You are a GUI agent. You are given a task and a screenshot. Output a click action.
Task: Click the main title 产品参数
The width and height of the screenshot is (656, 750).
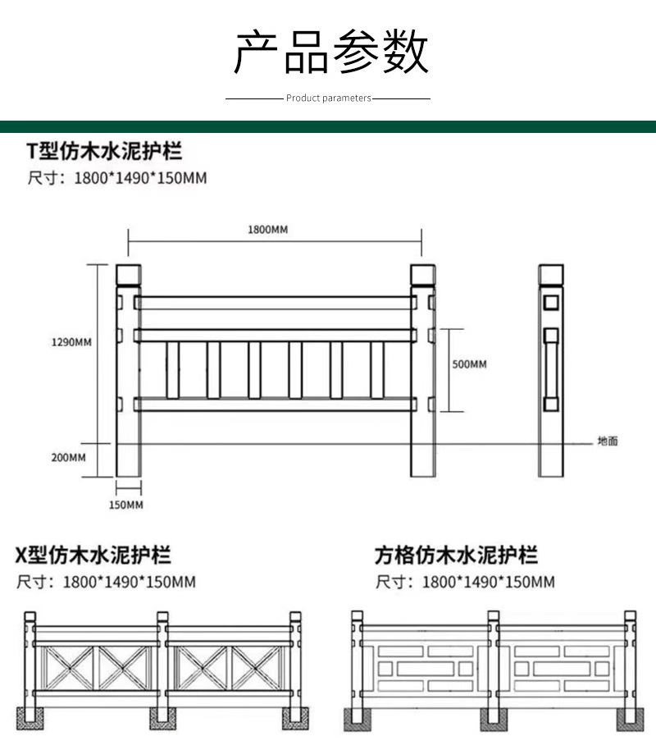(x=330, y=52)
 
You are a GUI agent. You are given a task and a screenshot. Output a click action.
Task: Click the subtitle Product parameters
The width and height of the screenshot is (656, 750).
(x=328, y=98)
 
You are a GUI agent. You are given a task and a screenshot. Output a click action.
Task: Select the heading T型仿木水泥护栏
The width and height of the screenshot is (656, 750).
(x=105, y=151)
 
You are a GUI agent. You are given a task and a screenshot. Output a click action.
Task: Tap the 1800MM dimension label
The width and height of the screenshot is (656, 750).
(x=267, y=230)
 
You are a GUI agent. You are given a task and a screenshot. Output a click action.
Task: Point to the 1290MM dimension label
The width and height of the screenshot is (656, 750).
(x=72, y=341)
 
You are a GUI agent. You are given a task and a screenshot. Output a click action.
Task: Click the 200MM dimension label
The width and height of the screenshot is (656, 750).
(x=68, y=457)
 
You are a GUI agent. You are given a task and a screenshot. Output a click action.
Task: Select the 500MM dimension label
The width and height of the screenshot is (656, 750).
(x=469, y=364)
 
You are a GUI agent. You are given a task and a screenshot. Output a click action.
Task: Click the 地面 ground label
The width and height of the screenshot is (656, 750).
(x=608, y=441)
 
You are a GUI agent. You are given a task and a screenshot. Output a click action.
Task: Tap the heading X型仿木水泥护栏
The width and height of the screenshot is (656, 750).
(x=93, y=556)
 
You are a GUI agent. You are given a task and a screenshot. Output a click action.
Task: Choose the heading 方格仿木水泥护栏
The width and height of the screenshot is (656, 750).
(x=457, y=556)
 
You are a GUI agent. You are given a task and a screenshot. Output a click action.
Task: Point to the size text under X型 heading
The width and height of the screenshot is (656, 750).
(x=107, y=583)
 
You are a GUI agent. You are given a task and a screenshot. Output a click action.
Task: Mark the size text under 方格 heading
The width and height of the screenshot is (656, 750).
(x=465, y=583)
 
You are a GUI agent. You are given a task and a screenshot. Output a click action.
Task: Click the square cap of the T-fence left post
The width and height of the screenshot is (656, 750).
(x=128, y=274)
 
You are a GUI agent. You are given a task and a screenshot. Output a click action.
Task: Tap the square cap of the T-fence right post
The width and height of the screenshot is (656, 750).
(x=422, y=274)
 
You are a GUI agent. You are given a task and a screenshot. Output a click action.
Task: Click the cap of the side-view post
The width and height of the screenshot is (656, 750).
(x=550, y=274)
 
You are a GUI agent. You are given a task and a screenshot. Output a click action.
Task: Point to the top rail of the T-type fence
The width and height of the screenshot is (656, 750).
(x=275, y=303)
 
